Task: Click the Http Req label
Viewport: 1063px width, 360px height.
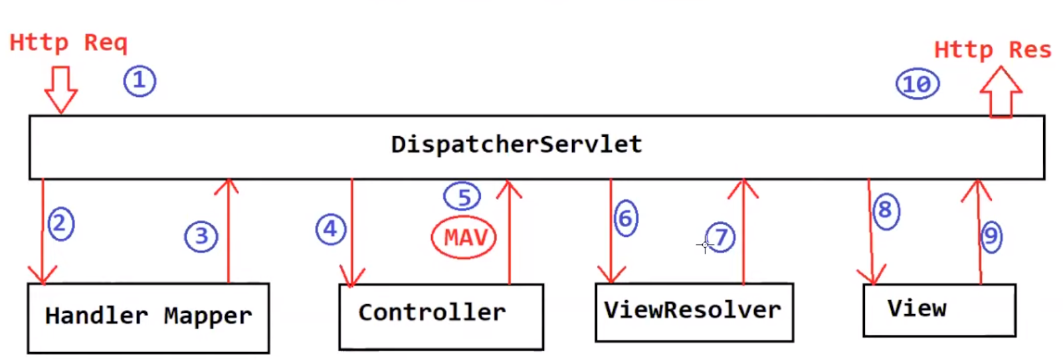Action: (68, 43)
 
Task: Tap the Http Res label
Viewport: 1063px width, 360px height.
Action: (992, 50)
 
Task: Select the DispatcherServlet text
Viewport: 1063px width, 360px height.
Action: (516, 144)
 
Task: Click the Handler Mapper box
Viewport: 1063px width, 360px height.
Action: (148, 317)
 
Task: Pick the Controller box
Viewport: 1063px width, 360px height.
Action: (441, 316)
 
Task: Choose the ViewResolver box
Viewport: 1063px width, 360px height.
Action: (694, 312)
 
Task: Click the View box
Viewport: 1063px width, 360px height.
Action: (939, 310)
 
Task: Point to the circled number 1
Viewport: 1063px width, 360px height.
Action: (140, 81)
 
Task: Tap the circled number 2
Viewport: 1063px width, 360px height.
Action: (60, 224)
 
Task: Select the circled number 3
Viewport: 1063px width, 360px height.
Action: (201, 236)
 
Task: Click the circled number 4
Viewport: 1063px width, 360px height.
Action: (330, 229)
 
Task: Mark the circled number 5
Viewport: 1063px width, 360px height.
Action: (462, 197)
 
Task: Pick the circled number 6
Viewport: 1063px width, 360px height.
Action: (625, 218)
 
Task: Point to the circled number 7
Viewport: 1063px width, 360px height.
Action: (721, 236)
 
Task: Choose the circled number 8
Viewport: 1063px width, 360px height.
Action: (886, 211)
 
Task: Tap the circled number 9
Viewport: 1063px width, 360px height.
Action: (991, 236)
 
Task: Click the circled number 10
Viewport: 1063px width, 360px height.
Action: (918, 84)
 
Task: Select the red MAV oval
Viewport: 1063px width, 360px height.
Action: (464, 237)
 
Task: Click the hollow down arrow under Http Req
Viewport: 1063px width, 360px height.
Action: (61, 89)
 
